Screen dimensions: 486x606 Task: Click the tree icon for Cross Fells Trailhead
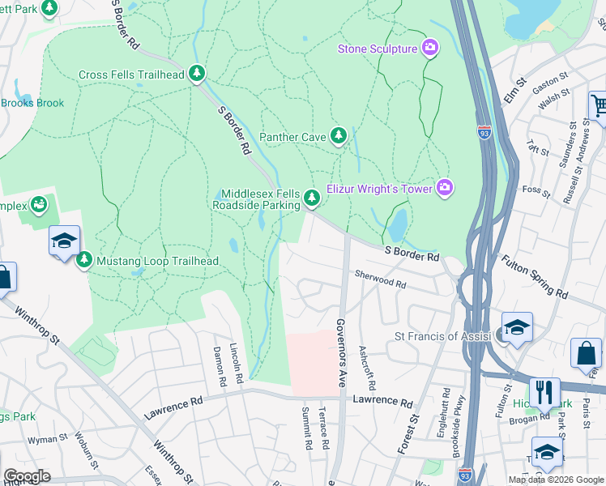click(x=196, y=75)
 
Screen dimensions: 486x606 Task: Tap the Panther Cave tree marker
click(x=339, y=136)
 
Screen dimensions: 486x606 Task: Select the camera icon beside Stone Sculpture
click(x=429, y=49)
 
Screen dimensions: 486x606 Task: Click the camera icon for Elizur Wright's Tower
click(x=444, y=188)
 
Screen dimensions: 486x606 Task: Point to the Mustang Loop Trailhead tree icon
click(x=84, y=261)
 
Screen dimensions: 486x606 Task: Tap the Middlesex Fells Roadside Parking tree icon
click(x=312, y=198)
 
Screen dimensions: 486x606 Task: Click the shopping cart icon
click(x=598, y=106)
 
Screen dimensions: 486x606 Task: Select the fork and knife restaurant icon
click(x=544, y=393)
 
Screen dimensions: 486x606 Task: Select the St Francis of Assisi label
click(x=442, y=336)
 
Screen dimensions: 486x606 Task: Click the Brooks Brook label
click(x=32, y=103)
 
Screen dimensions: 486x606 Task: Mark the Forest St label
click(x=403, y=435)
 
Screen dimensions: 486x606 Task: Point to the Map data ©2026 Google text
click(x=555, y=480)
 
